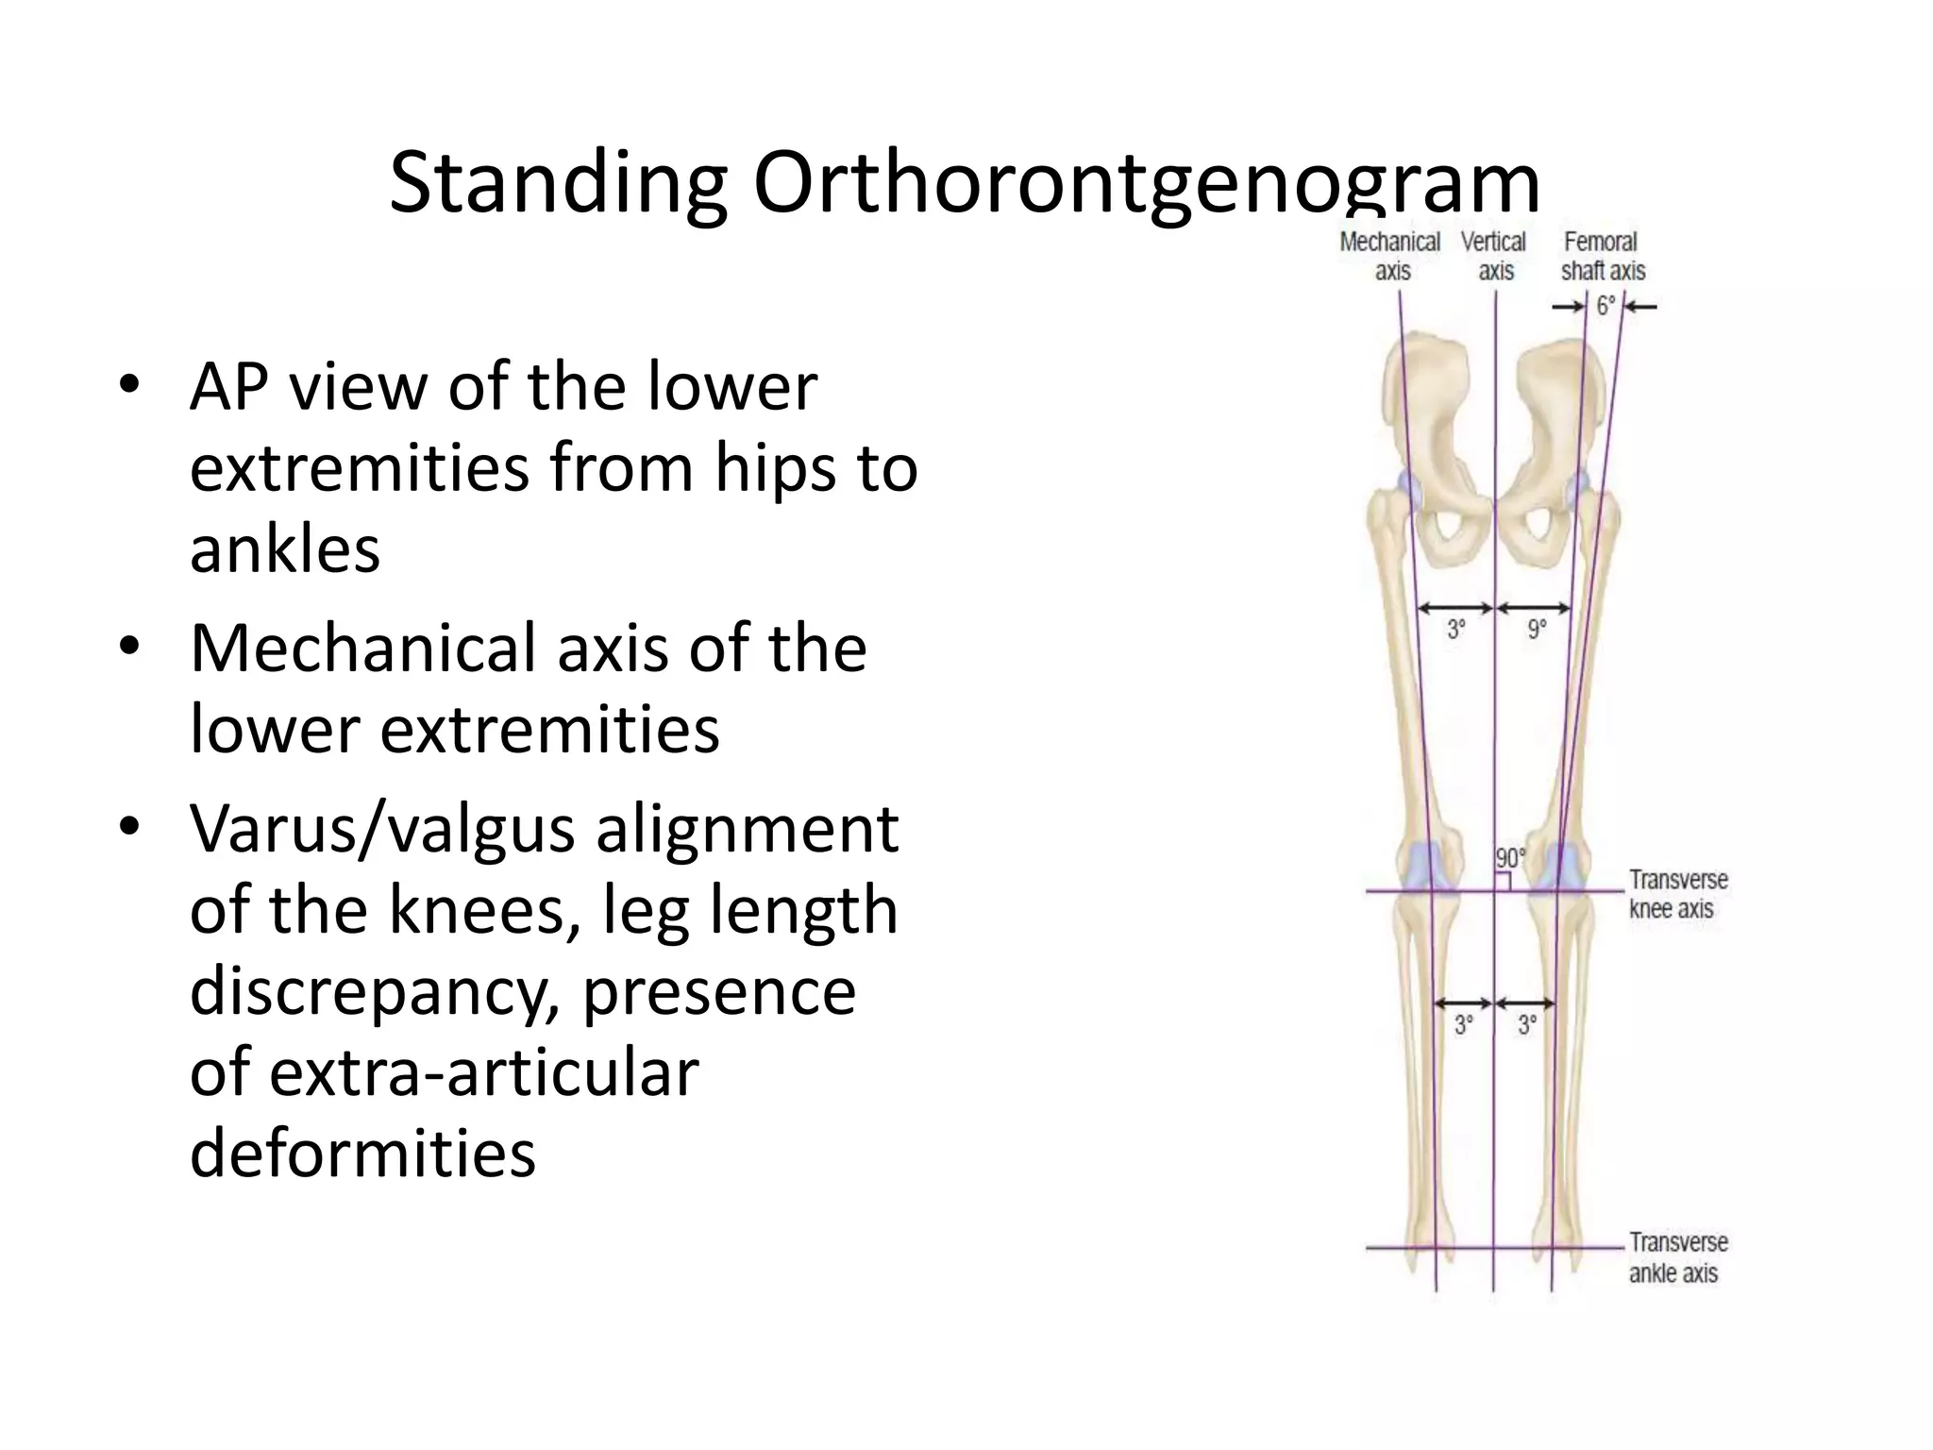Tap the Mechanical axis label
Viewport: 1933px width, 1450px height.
1389,256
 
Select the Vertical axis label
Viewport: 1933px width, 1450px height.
1493,256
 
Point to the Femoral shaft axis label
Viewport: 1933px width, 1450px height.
1603,256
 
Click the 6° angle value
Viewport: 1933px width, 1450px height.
1605,306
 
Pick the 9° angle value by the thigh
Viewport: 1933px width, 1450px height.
1537,629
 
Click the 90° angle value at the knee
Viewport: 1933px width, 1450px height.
1509,858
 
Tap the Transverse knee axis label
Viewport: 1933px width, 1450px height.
1677,894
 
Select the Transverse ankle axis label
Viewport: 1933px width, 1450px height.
1677,1257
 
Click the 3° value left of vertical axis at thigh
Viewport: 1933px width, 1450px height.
1456,629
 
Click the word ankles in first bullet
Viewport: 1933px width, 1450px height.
285,549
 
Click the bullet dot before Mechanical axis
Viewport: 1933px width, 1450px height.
129,649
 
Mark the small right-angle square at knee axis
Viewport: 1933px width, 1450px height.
1503,882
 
